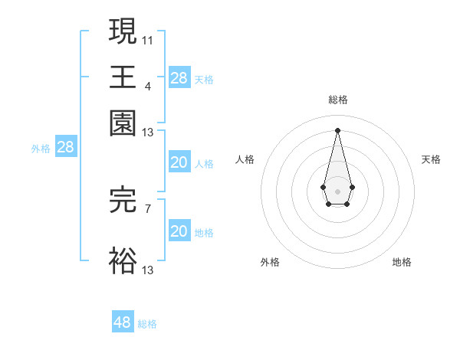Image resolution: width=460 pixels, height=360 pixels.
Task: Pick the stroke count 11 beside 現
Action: [148, 39]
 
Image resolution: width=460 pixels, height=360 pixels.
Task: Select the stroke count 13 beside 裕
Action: [148, 269]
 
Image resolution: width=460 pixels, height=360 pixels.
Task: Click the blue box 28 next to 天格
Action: [179, 77]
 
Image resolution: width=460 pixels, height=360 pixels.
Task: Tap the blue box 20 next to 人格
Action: [179, 162]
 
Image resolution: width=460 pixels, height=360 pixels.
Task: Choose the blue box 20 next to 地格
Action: [179, 231]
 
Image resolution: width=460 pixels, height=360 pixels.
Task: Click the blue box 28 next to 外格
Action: [65, 148]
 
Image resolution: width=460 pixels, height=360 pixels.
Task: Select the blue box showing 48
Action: [123, 322]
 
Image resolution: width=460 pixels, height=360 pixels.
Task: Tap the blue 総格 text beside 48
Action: [148, 324]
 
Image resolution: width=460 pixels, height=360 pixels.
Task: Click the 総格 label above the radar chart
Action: [337, 100]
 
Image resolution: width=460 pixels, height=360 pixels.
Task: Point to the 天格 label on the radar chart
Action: [431, 159]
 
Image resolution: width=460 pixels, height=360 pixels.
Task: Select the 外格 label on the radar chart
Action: [270, 262]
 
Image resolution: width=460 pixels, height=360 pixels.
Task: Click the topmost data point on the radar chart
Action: [337, 129]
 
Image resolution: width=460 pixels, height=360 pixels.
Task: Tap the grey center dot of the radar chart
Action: [337, 190]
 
